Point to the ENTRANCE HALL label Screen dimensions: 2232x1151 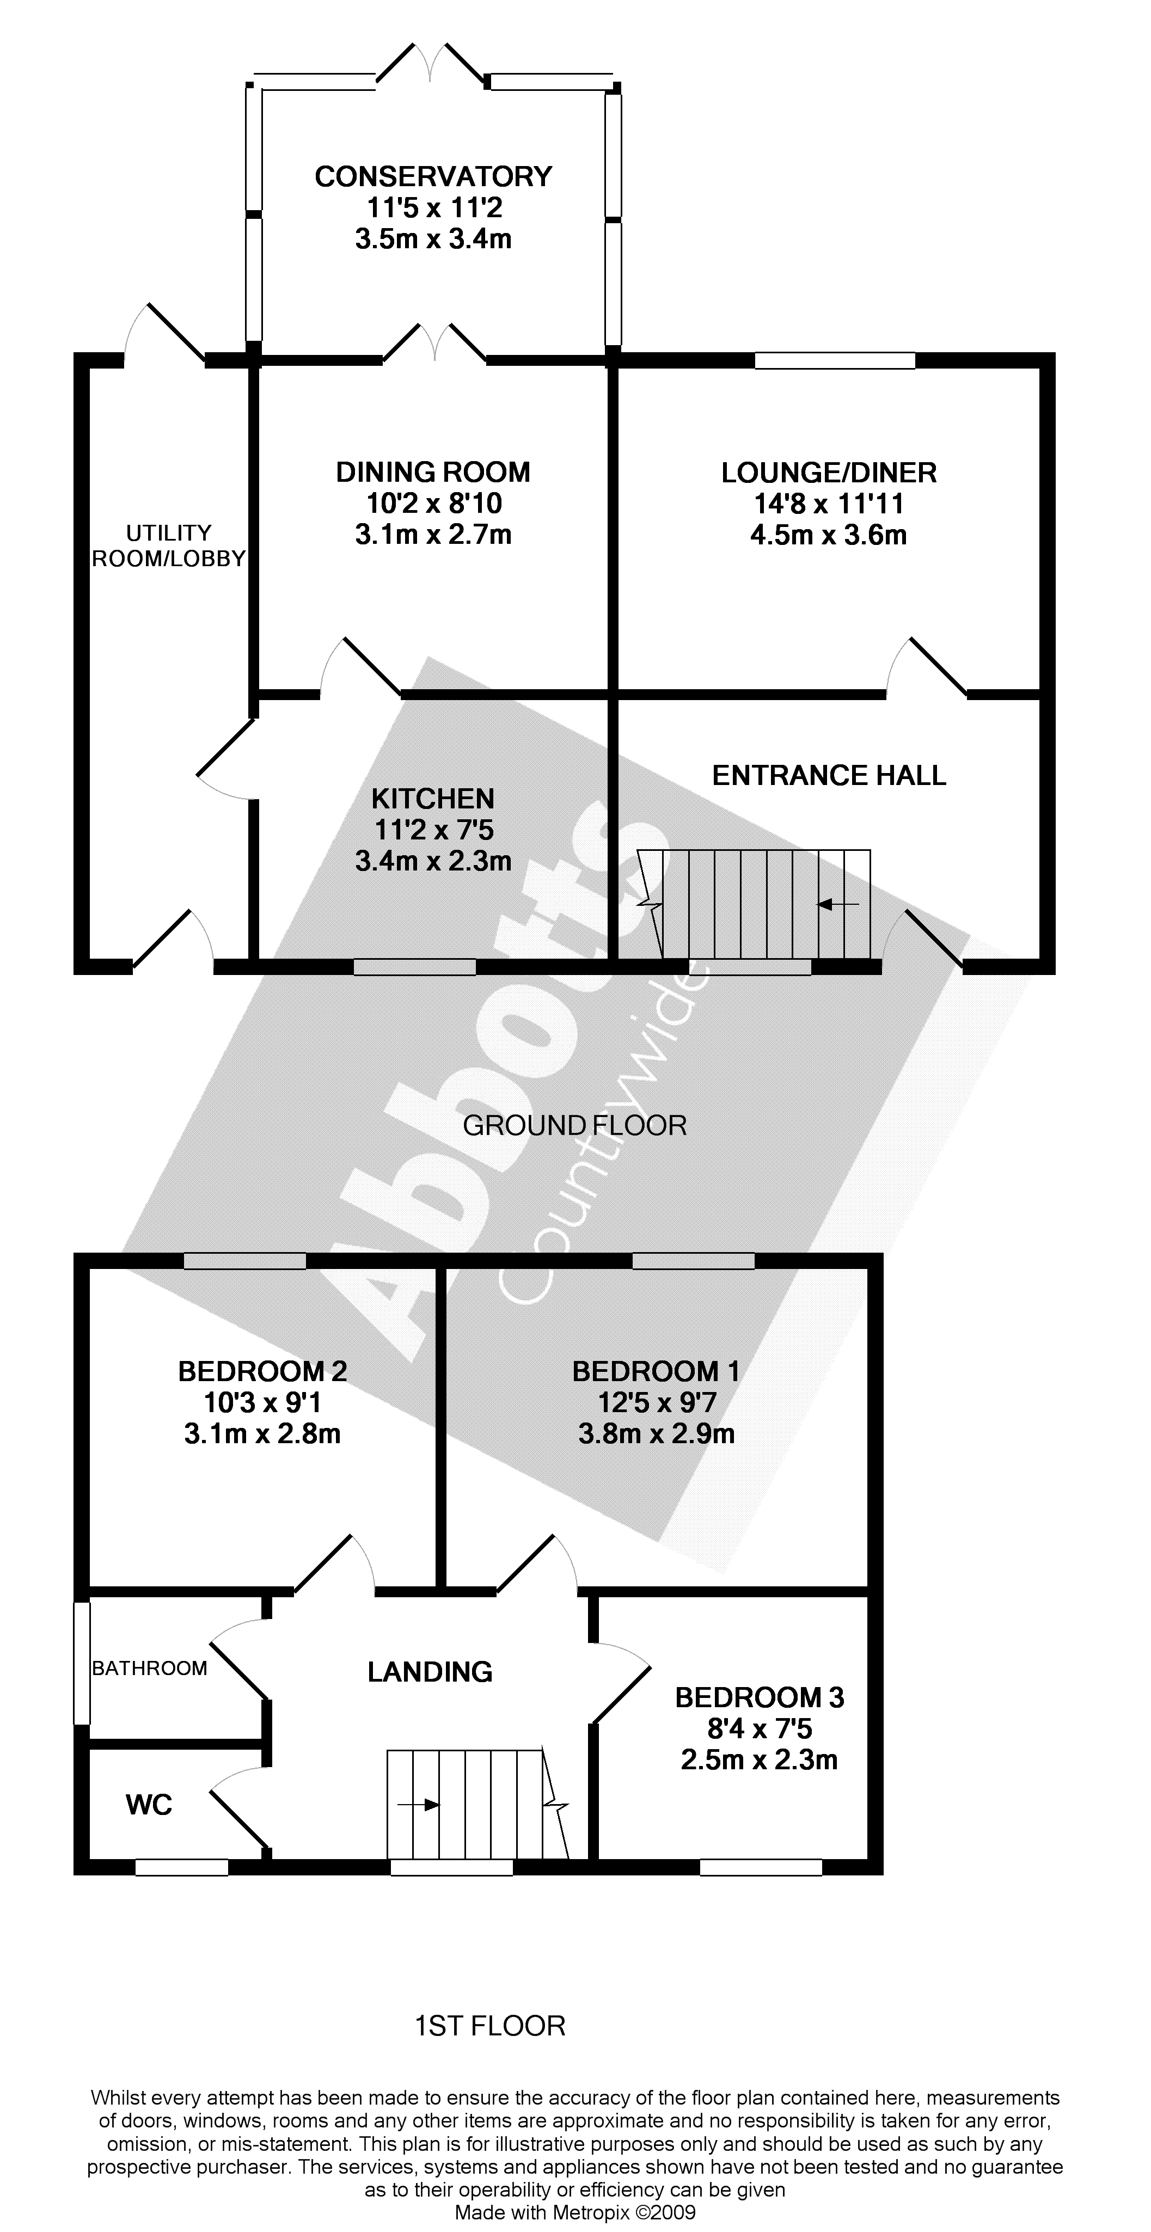(829, 775)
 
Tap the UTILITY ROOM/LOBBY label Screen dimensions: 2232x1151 (169, 546)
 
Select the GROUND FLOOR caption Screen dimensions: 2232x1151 (574, 1126)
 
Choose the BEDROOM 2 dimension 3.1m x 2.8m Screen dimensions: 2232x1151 (262, 1434)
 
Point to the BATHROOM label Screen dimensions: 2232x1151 (150, 1668)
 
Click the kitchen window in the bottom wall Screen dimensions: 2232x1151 (414, 967)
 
